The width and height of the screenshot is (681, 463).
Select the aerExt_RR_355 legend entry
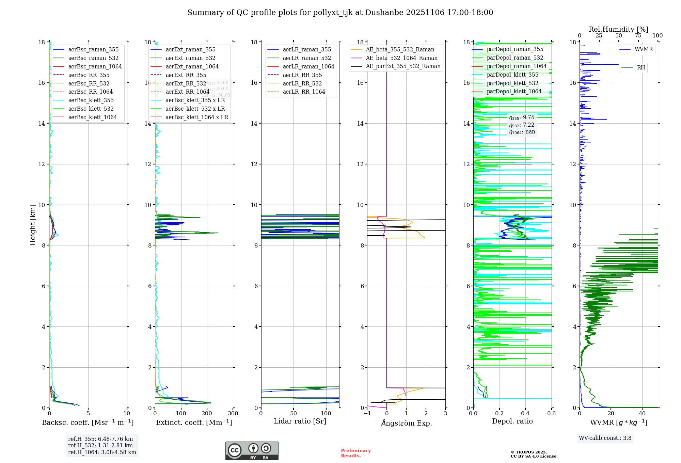tap(186, 75)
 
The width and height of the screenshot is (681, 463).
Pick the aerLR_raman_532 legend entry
tap(306, 58)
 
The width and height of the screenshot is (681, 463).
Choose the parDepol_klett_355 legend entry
tap(512, 75)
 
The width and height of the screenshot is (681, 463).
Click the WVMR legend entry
tap(644, 49)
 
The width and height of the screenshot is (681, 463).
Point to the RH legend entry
tap(641, 68)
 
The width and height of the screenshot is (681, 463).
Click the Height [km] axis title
tap(33, 225)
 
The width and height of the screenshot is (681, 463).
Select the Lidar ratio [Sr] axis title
tap(300, 421)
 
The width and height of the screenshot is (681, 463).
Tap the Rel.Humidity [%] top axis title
tap(618, 29)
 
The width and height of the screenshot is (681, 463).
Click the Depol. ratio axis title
tap(512, 421)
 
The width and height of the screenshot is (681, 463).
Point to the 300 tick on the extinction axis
tap(233, 414)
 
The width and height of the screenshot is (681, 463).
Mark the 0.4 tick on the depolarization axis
tap(525, 414)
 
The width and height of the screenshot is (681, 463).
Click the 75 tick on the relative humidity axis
tap(638, 36)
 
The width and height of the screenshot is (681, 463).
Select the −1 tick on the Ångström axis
tap(367, 414)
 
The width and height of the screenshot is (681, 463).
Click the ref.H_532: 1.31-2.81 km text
tap(100, 445)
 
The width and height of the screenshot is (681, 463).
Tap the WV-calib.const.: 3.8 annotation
tap(605, 438)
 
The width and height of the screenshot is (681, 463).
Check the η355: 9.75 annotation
tap(522, 117)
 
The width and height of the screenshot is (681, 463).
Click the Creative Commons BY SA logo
tap(252, 451)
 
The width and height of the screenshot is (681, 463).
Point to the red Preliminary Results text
tap(355, 453)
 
